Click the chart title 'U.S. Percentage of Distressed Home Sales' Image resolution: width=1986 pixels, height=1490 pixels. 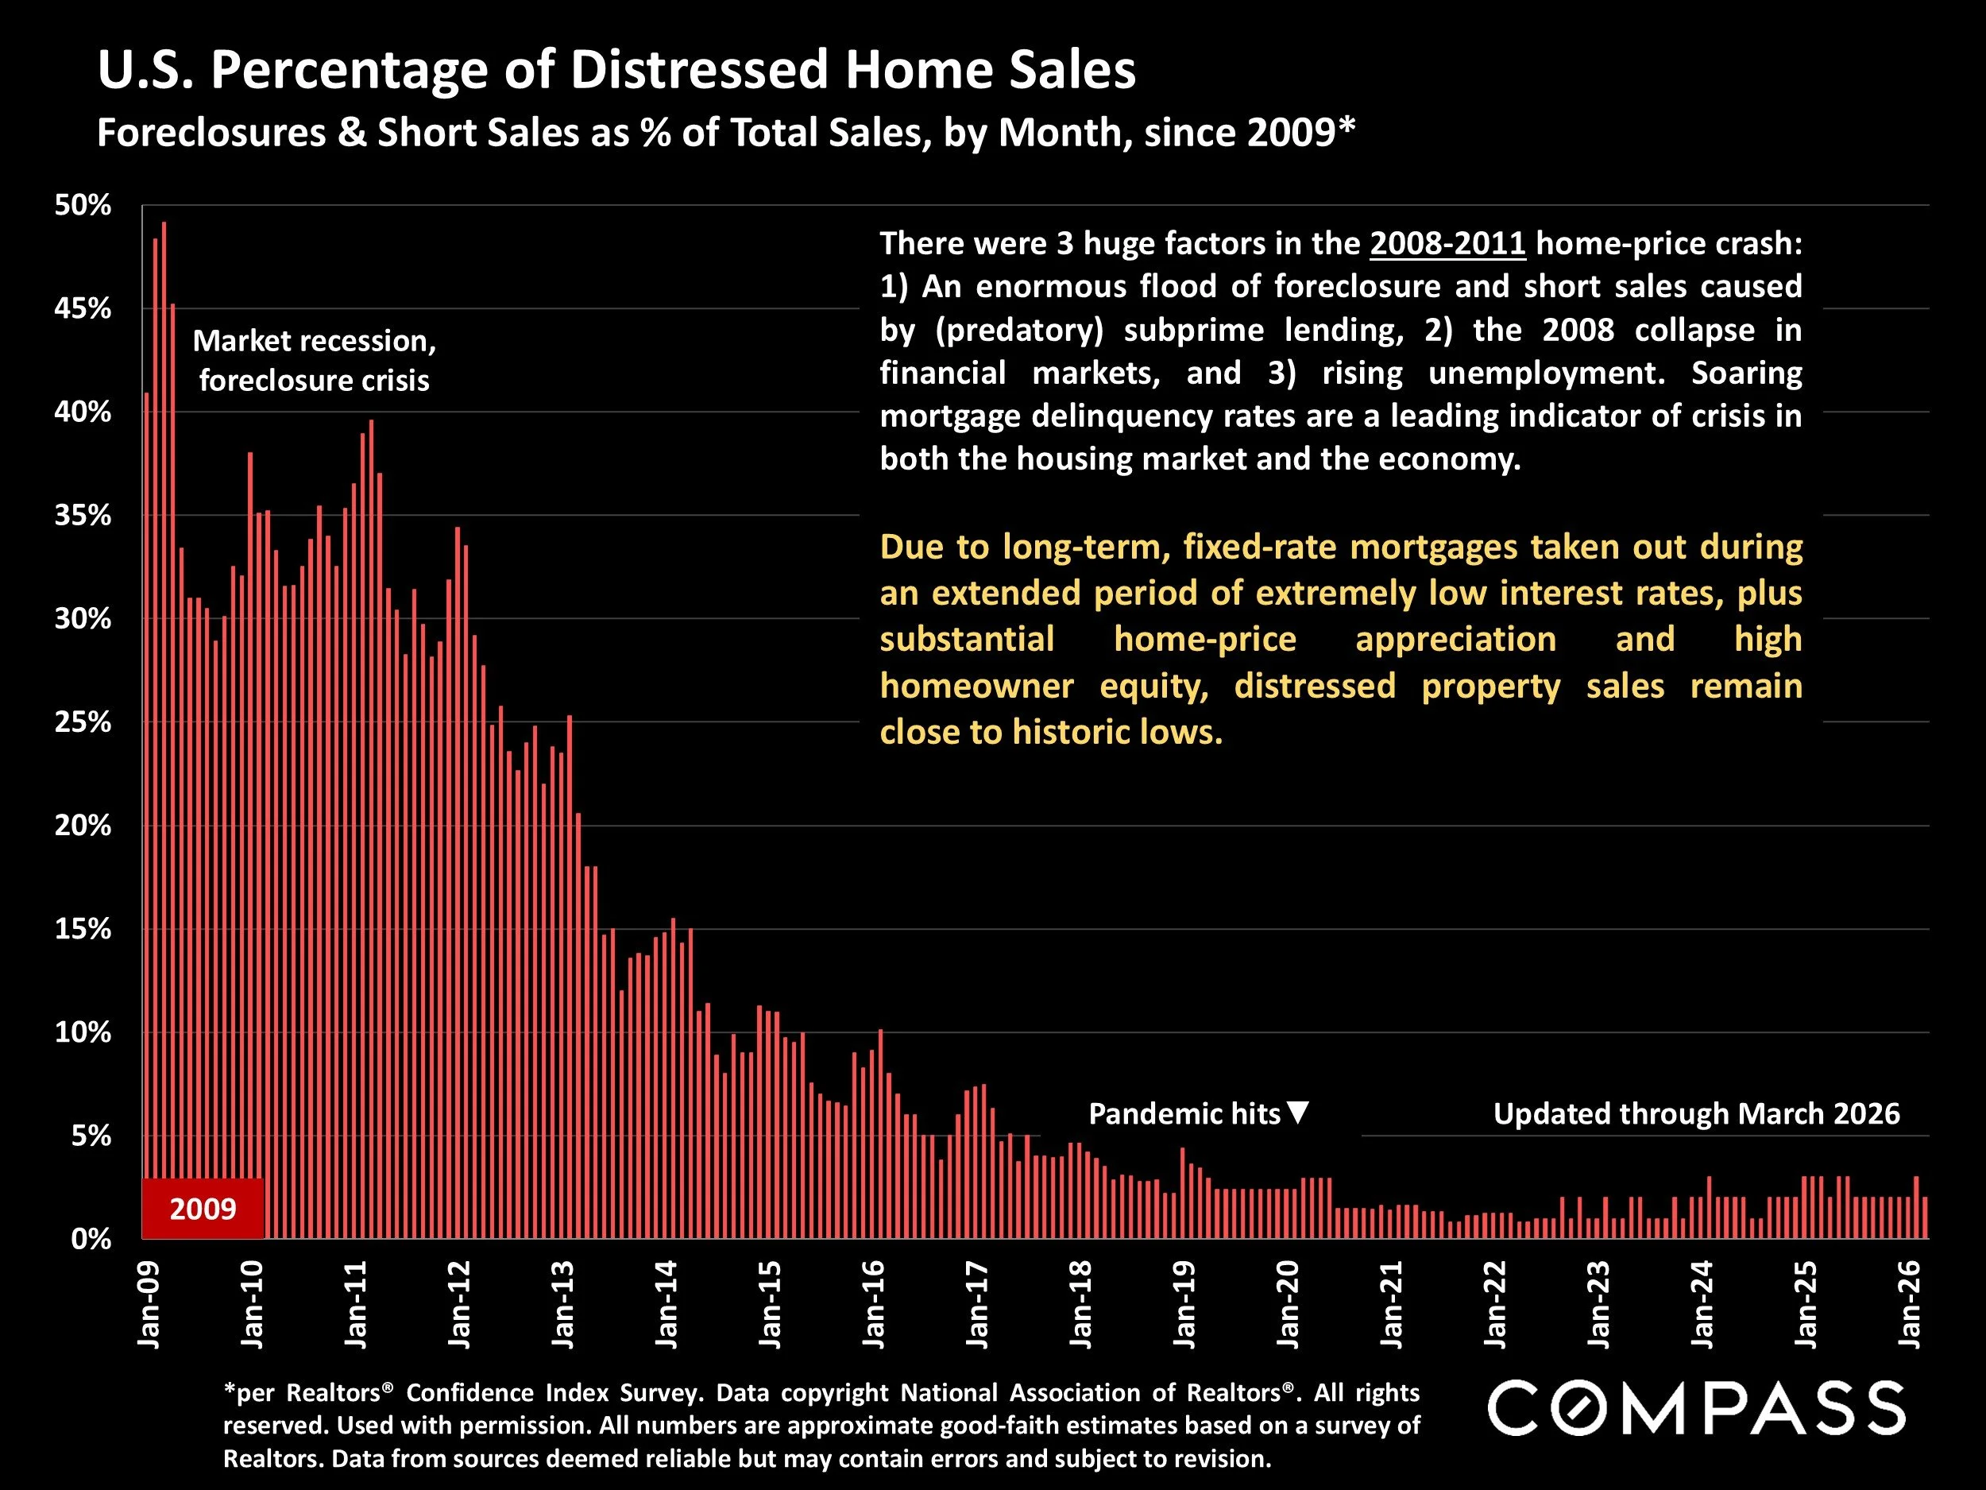616,70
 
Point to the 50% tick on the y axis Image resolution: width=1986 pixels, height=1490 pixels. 83,206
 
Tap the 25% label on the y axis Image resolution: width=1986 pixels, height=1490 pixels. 83,722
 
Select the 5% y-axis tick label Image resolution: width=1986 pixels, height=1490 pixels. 91,1136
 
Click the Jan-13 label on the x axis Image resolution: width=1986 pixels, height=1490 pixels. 563,1304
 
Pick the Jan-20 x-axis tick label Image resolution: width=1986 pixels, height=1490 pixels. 1288,1304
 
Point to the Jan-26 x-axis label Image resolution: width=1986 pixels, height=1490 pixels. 1909,1304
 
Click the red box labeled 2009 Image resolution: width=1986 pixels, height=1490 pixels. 203,1209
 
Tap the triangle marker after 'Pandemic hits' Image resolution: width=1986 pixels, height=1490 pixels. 1298,1113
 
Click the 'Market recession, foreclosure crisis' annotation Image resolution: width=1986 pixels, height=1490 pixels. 315,360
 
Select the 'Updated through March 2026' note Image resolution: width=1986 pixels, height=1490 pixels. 1696,1113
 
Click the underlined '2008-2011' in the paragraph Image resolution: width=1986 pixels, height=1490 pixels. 1447,243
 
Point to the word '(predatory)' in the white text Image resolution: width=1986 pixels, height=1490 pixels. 1018,330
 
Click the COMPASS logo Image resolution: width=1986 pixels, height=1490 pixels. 1696,1408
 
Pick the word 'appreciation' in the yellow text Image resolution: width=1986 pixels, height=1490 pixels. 1455,640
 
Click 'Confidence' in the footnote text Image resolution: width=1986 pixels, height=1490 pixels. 469,1393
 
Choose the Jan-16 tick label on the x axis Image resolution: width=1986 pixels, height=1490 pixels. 874,1304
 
